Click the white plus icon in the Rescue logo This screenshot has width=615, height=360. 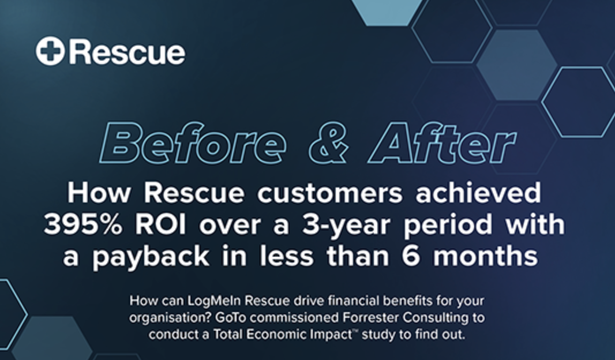[50, 51]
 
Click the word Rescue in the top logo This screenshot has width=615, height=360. [127, 52]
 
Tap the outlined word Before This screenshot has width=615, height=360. [193, 142]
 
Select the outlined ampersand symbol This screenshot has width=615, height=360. [328, 142]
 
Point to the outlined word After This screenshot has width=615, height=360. [442, 142]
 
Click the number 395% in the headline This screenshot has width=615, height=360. [82, 224]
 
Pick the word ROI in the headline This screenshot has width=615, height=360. [161, 224]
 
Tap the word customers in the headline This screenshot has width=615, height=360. [330, 193]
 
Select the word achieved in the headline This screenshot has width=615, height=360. [478, 193]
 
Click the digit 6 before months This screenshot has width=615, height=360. [411, 256]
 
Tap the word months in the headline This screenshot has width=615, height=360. [485, 256]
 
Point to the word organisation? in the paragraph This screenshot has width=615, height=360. [171, 318]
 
